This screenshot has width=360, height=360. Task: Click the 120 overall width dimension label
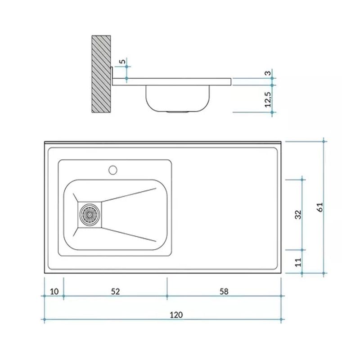coord(176,315)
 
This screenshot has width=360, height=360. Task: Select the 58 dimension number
coord(224,291)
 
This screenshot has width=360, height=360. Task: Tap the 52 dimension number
coord(115,291)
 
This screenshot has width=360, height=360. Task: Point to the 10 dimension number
coord(54,291)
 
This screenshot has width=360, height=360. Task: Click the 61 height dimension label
coord(320,207)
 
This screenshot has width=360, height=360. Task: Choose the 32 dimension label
coord(298,215)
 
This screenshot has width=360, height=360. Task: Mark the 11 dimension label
coord(298,262)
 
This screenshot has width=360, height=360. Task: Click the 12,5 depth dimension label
coord(268,99)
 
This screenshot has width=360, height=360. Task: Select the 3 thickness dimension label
coord(268,73)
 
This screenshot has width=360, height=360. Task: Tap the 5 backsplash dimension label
coord(123,61)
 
